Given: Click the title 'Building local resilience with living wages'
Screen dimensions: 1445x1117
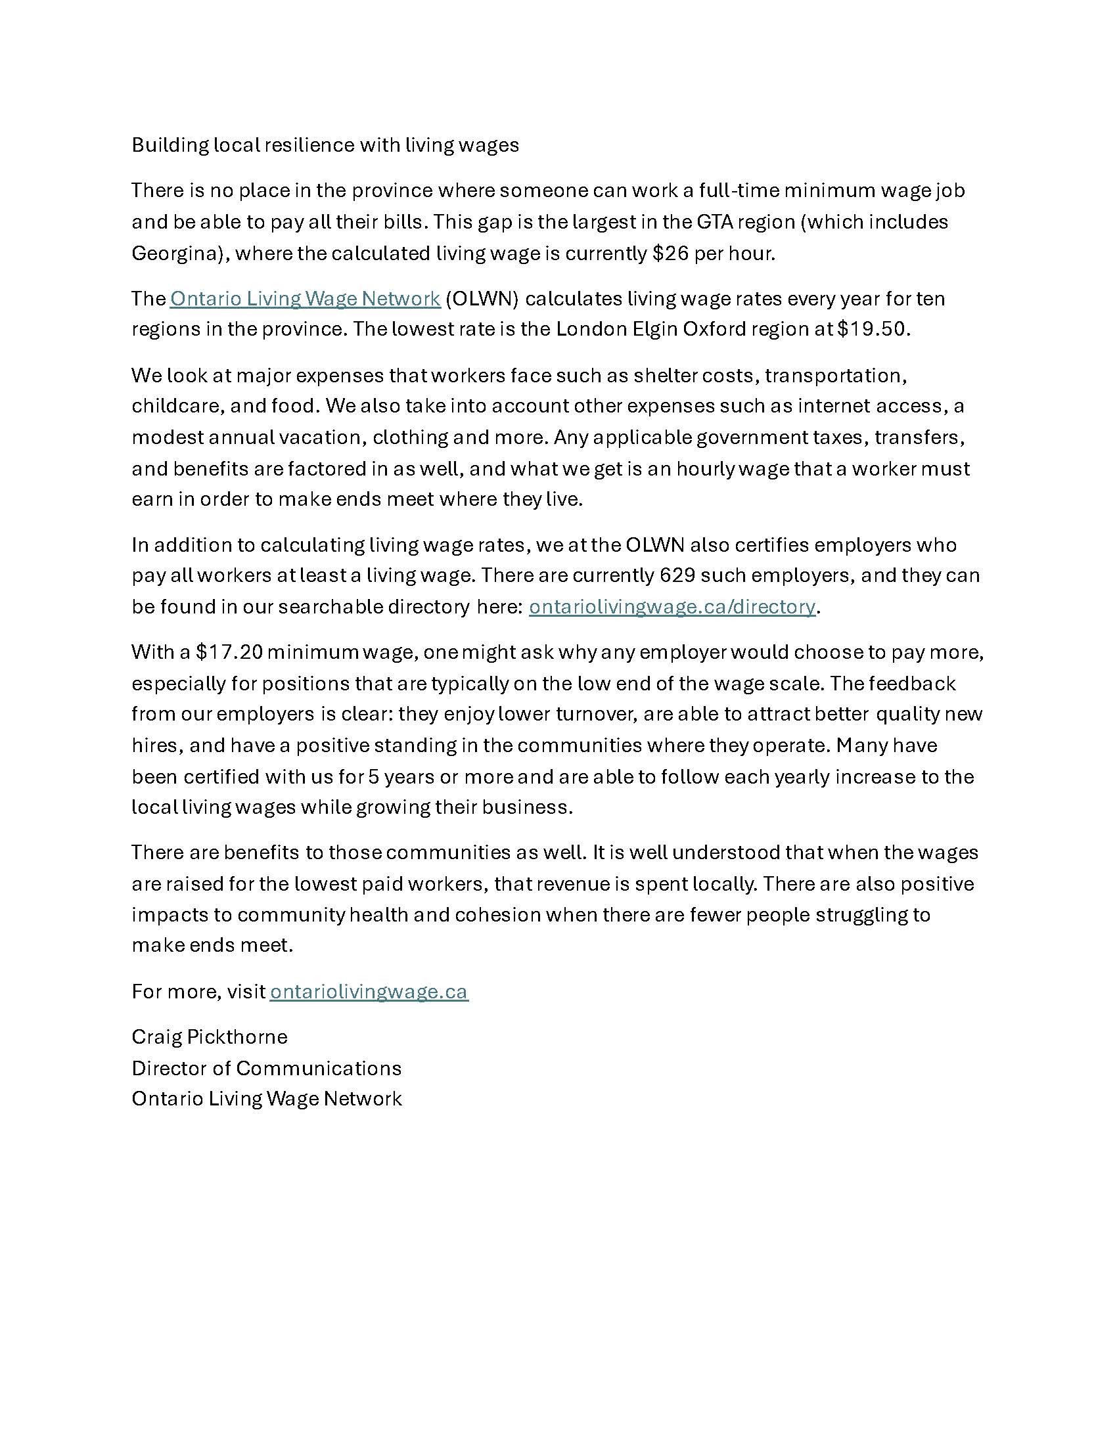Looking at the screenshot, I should pos(325,145).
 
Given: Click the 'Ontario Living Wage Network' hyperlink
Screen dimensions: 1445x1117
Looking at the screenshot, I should pos(305,298).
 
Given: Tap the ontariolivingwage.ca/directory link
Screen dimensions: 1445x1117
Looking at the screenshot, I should pos(672,606).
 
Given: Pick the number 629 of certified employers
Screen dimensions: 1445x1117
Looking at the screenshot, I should pos(677,575).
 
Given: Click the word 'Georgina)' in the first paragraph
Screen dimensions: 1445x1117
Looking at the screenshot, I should pos(176,254).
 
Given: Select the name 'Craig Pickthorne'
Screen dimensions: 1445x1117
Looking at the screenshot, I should pos(209,1036).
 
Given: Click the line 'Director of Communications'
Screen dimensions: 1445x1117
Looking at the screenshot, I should pos(267,1068).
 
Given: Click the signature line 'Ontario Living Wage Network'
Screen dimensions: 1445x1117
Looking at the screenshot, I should pos(267,1098).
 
